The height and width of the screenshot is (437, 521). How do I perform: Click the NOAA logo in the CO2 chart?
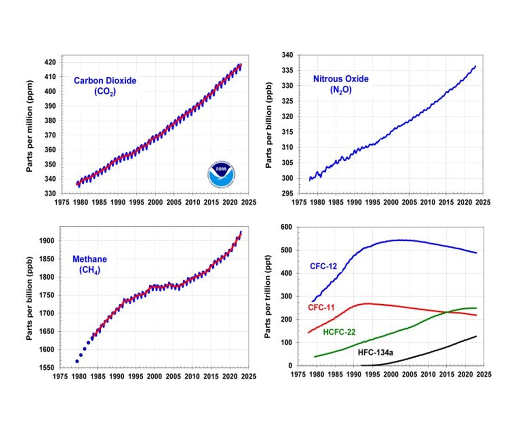click(221, 174)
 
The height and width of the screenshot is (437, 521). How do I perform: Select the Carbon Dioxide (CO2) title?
click(105, 86)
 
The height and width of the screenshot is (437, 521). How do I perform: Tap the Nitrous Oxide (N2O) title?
click(341, 84)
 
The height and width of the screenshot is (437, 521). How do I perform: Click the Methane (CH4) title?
click(90, 264)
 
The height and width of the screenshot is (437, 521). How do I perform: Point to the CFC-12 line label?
click(323, 266)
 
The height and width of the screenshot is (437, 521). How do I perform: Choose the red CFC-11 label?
click(321, 308)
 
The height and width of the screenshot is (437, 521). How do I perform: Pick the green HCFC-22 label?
click(339, 332)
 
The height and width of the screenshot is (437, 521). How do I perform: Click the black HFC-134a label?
click(375, 352)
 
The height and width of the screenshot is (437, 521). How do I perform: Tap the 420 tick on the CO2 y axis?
click(50, 62)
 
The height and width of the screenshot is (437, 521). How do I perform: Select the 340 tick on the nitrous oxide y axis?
click(287, 55)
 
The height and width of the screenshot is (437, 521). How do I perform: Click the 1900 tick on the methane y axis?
click(46, 241)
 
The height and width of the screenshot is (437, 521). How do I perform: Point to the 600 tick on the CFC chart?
click(286, 227)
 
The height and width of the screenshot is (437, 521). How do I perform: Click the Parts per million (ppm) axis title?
click(30, 126)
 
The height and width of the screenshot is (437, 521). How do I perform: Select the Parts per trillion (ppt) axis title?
click(268, 297)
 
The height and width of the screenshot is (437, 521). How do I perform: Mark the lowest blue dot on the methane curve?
click(77, 361)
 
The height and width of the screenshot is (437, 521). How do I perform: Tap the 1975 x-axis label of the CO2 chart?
click(62, 202)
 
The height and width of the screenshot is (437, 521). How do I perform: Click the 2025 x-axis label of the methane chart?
click(249, 376)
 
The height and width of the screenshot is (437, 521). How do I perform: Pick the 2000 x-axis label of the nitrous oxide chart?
click(391, 202)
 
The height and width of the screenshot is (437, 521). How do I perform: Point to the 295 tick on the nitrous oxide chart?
click(287, 193)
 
